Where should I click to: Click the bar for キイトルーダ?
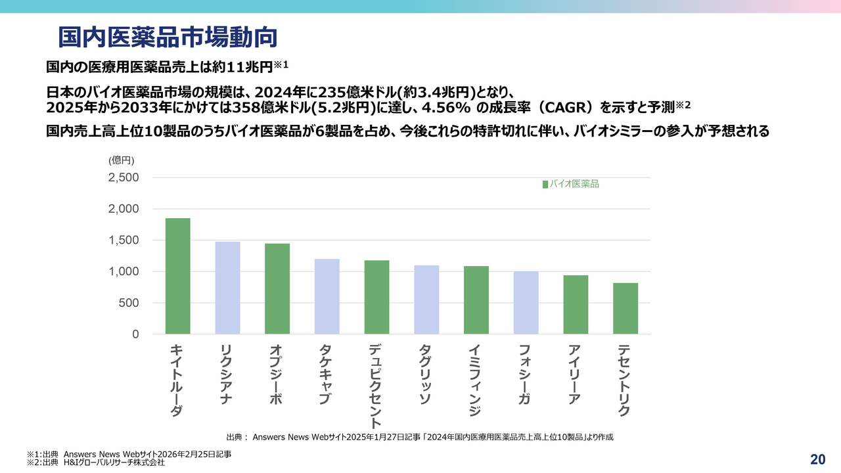(177, 276)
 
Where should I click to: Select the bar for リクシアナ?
(227, 288)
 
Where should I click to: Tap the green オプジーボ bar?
(277, 289)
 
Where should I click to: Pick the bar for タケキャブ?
(327, 296)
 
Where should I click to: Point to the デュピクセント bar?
(376, 297)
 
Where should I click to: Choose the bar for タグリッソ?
(426, 300)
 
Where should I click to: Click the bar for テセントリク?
(625, 309)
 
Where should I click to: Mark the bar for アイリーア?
(576, 305)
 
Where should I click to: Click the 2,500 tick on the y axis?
(124, 177)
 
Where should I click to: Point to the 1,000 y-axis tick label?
(124, 271)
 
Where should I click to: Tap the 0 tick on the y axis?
(136, 334)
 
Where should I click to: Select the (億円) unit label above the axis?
(122, 160)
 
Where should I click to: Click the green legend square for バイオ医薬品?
(545, 185)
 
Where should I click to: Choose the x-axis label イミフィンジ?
(475, 380)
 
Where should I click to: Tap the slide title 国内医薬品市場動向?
(167, 37)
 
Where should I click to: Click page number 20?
(818, 459)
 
